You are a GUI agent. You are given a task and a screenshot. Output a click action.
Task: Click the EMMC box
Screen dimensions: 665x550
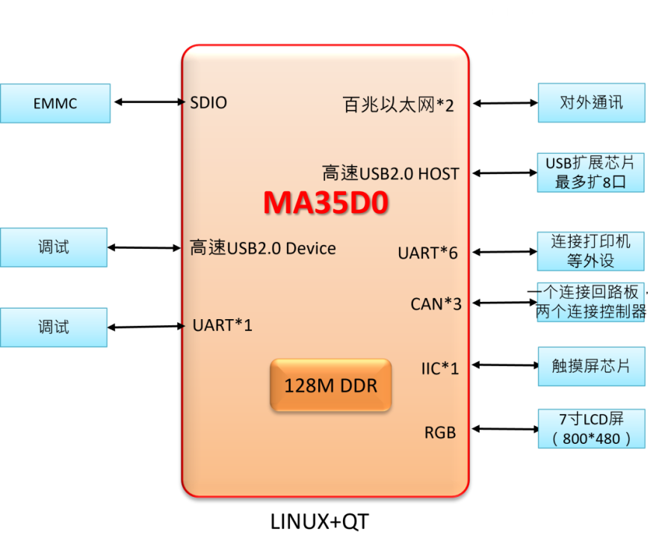(55, 103)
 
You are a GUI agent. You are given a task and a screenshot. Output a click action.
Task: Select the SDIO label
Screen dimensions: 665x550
(208, 102)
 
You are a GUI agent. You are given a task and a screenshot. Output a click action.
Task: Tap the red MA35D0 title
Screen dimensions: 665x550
(326, 203)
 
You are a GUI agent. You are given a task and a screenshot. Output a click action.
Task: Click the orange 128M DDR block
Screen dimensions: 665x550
(330, 385)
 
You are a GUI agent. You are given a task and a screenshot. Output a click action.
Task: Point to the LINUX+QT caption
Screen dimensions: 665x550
(319, 522)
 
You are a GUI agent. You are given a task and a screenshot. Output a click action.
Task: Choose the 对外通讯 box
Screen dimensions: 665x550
(592, 103)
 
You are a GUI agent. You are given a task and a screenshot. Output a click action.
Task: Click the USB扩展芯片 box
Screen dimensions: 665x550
(591, 173)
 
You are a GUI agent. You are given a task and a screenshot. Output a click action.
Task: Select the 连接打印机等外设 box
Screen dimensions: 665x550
(591, 251)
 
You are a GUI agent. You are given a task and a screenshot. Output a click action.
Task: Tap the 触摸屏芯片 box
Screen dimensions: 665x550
(592, 366)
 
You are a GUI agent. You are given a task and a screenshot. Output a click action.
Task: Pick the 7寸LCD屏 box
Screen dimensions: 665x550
(592, 429)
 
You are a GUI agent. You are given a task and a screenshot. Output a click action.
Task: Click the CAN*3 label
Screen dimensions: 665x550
(436, 304)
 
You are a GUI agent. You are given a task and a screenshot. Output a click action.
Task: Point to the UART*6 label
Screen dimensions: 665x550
(428, 253)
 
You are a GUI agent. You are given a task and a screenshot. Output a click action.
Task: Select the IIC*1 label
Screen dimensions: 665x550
(440, 368)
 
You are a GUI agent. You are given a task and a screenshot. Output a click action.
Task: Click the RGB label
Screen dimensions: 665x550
(440, 433)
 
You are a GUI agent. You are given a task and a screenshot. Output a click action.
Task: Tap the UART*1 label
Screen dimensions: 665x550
(222, 325)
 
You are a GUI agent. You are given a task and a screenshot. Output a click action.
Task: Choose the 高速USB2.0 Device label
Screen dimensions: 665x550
(263, 248)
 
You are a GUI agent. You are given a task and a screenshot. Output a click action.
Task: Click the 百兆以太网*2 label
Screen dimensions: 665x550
(398, 105)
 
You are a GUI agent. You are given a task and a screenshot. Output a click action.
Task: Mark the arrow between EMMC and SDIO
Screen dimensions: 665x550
(150, 102)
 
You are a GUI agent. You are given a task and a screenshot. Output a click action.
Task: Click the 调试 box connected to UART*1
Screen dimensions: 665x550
(54, 327)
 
